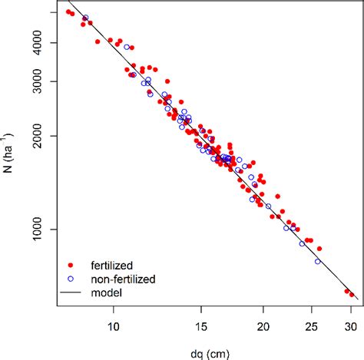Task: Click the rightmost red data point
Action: coord(351,294)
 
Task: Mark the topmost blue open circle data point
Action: coord(85,18)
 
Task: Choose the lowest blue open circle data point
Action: coord(318,261)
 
